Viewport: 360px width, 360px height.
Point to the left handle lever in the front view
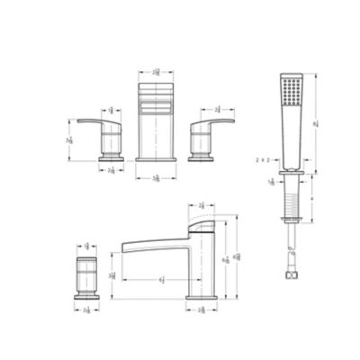pos(94,120)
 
